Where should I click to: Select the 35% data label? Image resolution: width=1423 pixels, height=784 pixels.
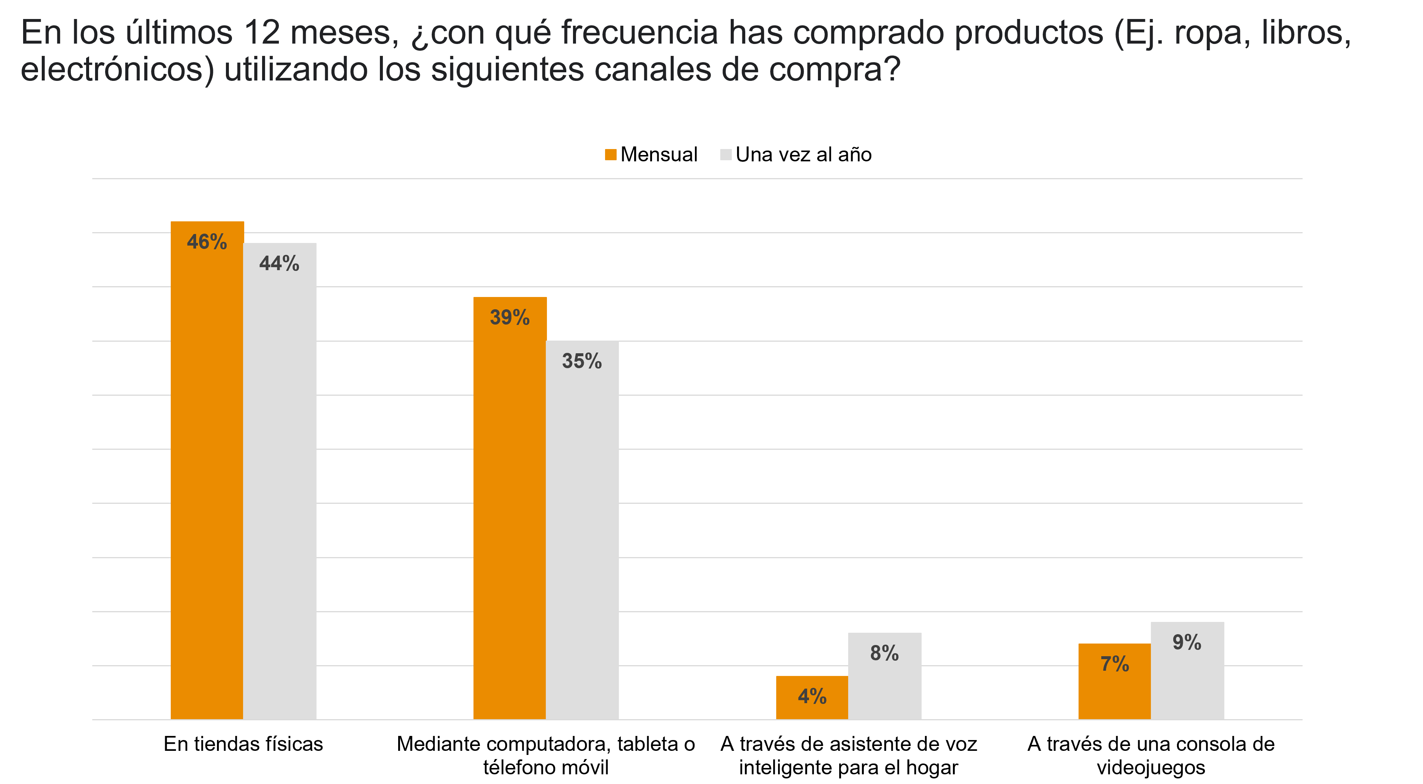582,361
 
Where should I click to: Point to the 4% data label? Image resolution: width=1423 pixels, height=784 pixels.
812,696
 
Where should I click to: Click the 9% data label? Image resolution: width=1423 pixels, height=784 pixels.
1187,642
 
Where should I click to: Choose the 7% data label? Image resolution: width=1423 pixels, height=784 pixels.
1114,664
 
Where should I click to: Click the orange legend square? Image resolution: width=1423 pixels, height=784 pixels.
610,155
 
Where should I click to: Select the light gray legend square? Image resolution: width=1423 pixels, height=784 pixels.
726,155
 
